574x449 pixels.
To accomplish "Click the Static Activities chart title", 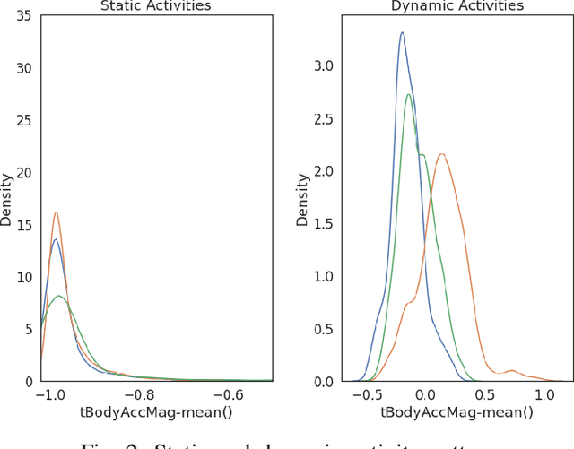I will [157, 6].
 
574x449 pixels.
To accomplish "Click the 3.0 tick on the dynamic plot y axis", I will [323, 66].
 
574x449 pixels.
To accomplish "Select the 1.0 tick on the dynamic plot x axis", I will [543, 395].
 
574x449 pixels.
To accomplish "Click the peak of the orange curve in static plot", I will [56, 212].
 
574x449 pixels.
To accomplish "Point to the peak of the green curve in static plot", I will [59, 295].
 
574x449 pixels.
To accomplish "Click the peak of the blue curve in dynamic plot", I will [402, 33].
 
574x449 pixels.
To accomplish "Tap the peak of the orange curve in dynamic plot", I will [440, 154].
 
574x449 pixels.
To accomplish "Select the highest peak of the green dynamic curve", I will [409, 95].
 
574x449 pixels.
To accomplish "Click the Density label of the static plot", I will [7, 200].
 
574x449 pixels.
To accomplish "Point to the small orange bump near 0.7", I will [511, 369].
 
